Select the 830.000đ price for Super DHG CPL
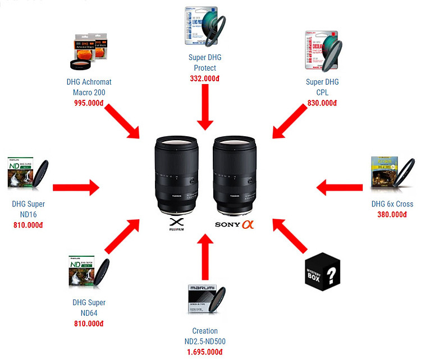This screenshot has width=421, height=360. click(322, 103)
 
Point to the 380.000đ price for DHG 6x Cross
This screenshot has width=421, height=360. click(392, 214)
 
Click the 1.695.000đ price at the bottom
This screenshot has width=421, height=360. click(205, 352)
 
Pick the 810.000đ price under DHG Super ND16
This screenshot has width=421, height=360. click(28, 225)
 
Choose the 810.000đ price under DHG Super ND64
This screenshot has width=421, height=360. click(89, 324)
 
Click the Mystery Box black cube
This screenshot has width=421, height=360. click(324, 270)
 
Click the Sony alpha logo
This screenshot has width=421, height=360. click(235, 225)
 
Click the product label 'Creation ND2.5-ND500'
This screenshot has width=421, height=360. click(205, 336)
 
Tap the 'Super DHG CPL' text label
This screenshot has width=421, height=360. click(322, 87)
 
